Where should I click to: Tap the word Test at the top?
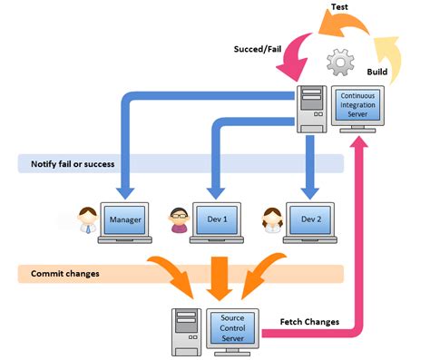tap(339, 7)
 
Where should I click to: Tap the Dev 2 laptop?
tap(310, 223)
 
